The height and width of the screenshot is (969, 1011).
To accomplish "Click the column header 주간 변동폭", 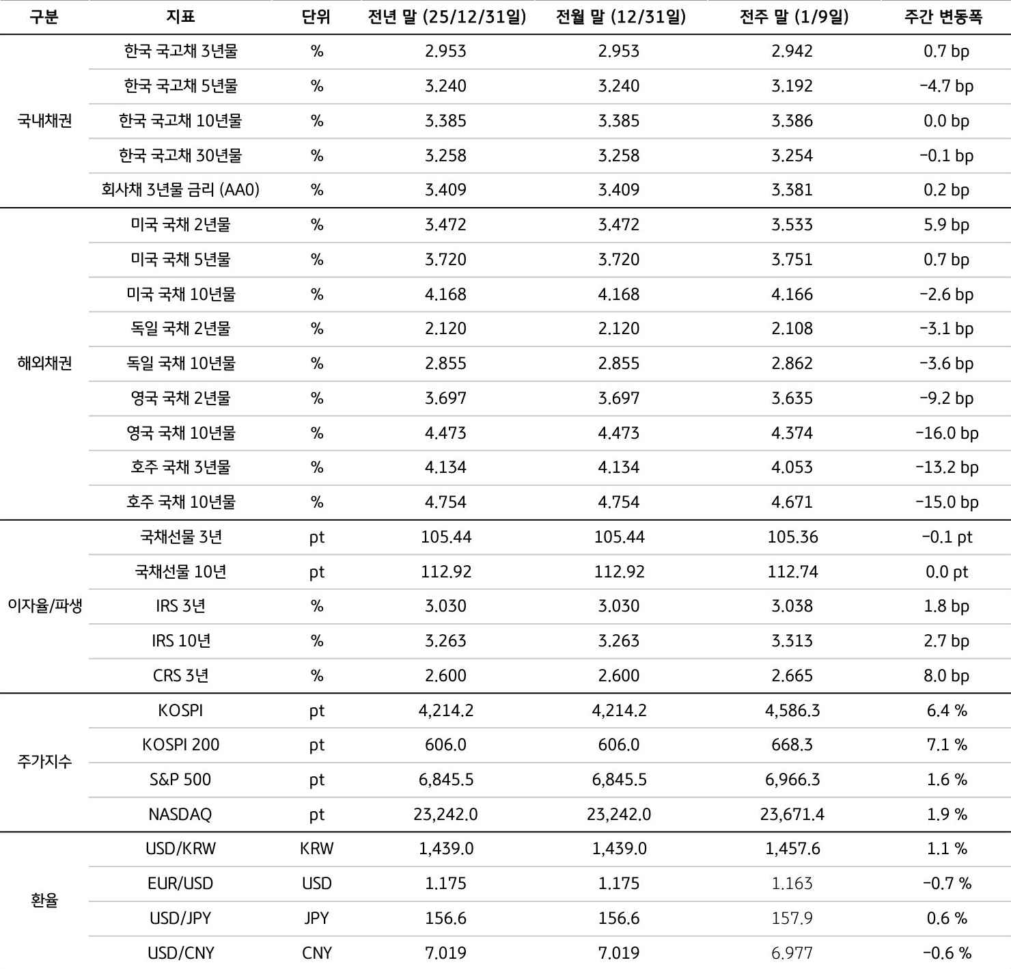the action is tap(943, 17).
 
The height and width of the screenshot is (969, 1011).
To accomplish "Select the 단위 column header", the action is tap(316, 17).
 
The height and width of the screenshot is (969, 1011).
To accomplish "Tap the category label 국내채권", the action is tap(44, 121).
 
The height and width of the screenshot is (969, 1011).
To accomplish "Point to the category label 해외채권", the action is tap(44, 364).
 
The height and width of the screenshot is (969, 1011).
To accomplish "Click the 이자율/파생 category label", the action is tap(44, 606).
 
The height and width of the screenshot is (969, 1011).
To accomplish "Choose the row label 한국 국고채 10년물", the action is tap(180, 121).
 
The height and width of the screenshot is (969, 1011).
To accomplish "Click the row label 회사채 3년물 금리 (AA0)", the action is tap(180, 190).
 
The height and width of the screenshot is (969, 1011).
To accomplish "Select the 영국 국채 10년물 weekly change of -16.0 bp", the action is tap(947, 433).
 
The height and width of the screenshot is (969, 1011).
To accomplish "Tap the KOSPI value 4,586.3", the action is tap(792, 711).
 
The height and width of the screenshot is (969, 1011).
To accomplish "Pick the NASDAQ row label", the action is tap(180, 815).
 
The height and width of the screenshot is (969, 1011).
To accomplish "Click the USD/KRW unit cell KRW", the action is tap(316, 849).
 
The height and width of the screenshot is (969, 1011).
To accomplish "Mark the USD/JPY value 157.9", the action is tap(792, 918).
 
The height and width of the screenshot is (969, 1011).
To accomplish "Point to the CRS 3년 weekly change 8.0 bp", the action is tap(947, 676).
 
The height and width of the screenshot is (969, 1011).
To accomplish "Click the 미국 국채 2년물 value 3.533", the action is tap(792, 225).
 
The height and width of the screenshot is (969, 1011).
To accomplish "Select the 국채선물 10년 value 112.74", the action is tap(792, 572).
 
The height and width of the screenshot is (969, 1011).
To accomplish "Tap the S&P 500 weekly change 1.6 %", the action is tap(947, 780).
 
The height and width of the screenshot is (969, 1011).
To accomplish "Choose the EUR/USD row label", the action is tap(180, 884).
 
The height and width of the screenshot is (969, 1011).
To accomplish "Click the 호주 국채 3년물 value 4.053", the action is tap(792, 467).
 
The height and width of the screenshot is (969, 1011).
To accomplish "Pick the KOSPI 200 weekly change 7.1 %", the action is tap(947, 745).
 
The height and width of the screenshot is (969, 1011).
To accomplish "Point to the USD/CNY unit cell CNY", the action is tap(316, 953).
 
